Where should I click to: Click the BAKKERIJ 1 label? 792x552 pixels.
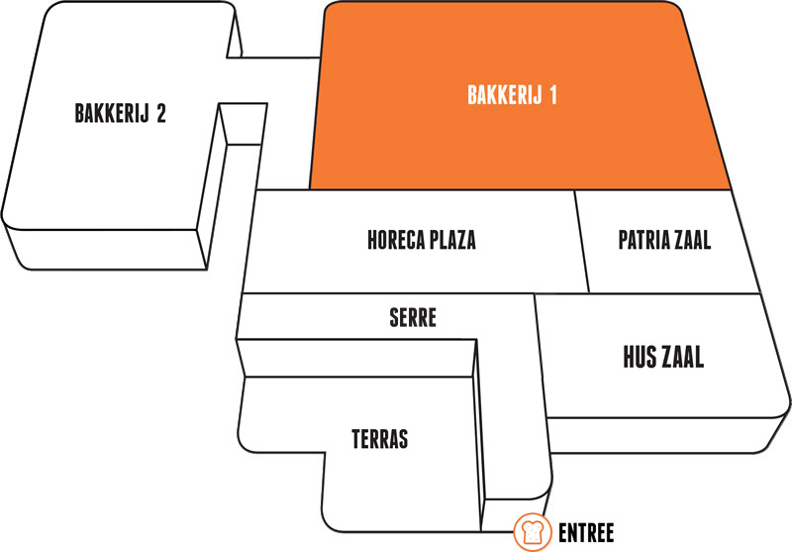tap(512, 95)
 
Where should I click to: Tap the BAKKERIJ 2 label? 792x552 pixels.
tap(120, 113)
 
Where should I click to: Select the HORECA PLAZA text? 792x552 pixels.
tap(422, 240)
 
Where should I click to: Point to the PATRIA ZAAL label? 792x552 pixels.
tap(664, 240)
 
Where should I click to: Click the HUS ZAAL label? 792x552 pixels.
tap(663, 357)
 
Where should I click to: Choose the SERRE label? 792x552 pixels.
tap(413, 318)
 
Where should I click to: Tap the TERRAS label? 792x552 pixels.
tap(380, 439)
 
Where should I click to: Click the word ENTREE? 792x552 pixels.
tap(586, 533)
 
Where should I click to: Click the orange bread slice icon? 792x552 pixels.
tap(533, 532)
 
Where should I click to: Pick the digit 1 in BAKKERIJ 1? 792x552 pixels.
tap(553, 95)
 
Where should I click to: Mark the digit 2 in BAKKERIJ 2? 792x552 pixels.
tap(161, 113)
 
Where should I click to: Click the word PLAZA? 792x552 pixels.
tap(453, 240)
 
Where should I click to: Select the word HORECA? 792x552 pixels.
tap(396, 240)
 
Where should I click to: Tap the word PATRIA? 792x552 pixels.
tap(641, 240)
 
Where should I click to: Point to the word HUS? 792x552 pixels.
tap(639, 357)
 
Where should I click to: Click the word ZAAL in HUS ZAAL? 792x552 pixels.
tap(682, 357)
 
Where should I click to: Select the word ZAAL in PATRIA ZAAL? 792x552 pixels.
tap(689, 240)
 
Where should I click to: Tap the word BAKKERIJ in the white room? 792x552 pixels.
tap(112, 113)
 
